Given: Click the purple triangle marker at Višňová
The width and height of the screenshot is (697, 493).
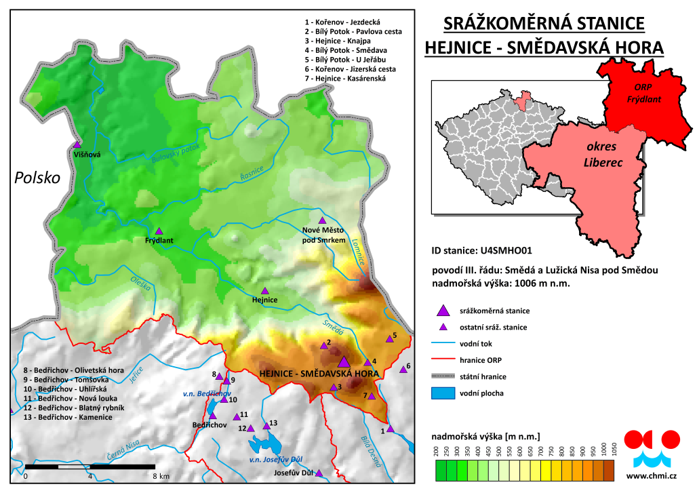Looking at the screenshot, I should [77, 144].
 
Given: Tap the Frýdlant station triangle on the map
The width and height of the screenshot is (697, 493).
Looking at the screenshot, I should [159, 231].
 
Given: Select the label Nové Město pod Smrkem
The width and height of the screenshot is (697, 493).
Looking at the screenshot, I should [324, 235].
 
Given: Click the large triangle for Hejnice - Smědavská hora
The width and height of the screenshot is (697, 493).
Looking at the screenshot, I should [344, 362].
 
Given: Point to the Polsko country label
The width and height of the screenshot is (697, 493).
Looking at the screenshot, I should [37, 178].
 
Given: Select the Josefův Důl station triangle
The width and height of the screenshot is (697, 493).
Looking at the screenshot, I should [319, 473].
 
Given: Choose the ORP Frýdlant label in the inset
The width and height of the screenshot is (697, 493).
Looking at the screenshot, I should [642, 94].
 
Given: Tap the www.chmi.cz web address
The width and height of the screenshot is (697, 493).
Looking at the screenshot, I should [652, 475].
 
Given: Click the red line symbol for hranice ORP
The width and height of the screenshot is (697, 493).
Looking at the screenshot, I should [443, 360].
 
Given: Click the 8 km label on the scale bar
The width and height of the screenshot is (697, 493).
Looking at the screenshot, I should [160, 477].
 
